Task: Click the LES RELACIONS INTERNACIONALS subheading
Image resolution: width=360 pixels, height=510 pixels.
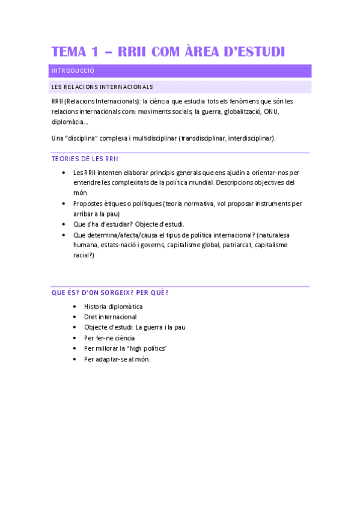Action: coord(102,87)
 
